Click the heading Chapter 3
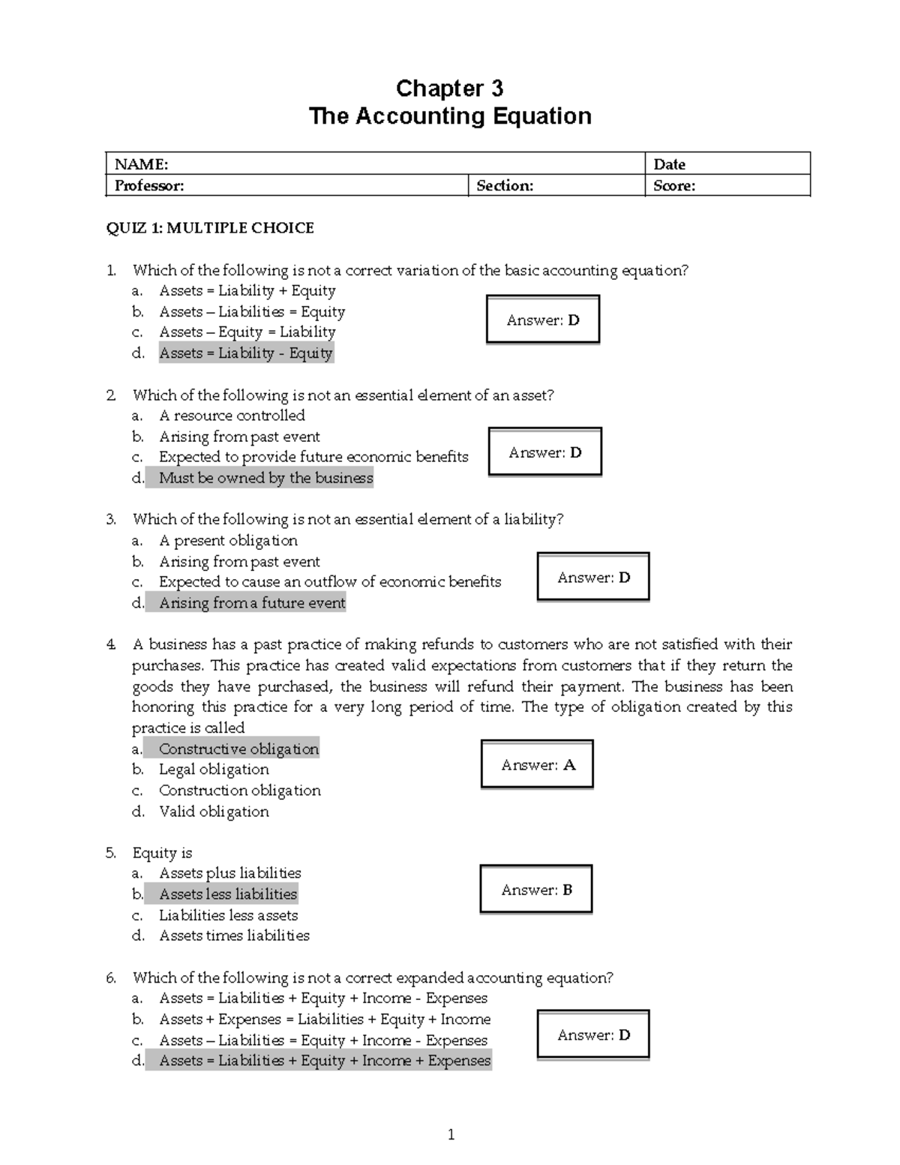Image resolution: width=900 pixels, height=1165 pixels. tap(449, 89)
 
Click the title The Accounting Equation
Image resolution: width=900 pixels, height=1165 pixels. tap(450, 116)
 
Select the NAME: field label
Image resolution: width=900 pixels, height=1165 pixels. tap(141, 164)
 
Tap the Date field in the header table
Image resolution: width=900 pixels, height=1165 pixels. tap(669, 164)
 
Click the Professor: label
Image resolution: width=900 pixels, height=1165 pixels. tap(149, 186)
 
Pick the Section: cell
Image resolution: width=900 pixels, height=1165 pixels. tap(505, 186)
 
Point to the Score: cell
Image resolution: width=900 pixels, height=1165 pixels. tap(674, 186)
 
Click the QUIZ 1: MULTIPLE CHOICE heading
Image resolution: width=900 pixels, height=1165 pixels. tap(210, 228)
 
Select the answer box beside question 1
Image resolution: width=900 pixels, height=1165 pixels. tap(543, 320)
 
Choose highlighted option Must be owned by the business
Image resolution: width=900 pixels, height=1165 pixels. tap(265, 478)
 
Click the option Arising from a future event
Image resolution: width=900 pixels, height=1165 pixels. tap(252, 603)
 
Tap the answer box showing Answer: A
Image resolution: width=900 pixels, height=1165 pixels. tap(537, 765)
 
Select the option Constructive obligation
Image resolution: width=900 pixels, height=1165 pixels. tap(238, 749)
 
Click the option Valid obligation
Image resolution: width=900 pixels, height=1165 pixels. tap(214, 812)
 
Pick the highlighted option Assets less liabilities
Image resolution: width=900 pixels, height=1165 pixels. tap(228, 894)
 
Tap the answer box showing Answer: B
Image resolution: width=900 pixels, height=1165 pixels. tap(536, 890)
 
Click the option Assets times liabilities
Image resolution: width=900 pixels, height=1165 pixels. tap(234, 935)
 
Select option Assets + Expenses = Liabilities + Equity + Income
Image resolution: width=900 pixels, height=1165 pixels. tap(325, 1019)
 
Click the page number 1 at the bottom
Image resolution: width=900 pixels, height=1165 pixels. tap(451, 1135)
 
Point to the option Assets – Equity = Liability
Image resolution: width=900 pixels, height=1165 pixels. tap(247, 332)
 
